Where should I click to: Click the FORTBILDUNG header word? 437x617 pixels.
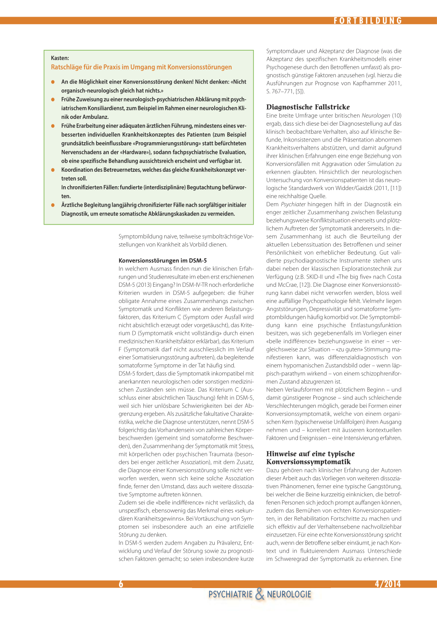tap(368, 20)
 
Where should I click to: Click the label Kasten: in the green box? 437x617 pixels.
tap(60, 58)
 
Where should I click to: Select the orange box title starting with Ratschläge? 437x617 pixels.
tap(141, 67)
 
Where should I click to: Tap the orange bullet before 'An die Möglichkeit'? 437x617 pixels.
tap(53, 82)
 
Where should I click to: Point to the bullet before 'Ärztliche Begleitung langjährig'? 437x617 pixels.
tap(53, 205)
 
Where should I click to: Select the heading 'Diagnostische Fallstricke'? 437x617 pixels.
tap(308, 107)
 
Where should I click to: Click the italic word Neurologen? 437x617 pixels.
tap(376, 115)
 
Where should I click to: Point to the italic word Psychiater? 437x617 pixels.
tap(293, 204)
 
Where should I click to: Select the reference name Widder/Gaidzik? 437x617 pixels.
tap(351, 188)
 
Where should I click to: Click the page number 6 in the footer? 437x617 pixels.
tap(121, 584)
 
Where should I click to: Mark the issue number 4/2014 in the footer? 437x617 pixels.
tap(387, 584)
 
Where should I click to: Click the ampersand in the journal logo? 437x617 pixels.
tap(260, 594)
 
